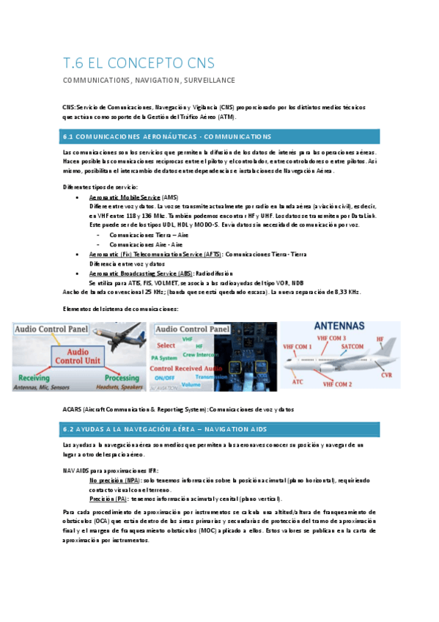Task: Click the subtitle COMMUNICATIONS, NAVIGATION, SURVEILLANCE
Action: tap(148, 80)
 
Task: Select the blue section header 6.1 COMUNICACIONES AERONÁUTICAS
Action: tap(167, 136)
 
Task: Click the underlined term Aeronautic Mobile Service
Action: tap(125, 198)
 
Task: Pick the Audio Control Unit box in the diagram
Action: tap(78, 356)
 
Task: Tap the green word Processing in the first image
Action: tap(121, 376)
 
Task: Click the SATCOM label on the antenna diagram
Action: tap(353, 345)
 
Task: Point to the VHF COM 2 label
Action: tap(337, 384)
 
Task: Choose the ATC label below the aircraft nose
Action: tap(298, 381)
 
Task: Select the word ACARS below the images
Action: tap(74, 409)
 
